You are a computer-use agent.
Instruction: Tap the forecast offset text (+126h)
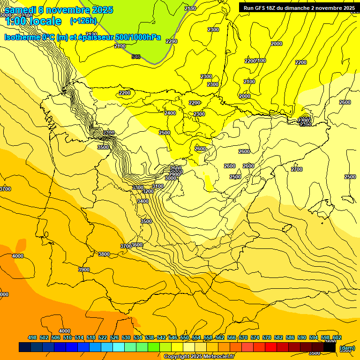(x=83, y=21)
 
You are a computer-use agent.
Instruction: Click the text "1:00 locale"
(x=33, y=21)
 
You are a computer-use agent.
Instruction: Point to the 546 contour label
(x=136, y=57)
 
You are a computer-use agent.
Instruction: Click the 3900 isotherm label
(x=84, y=270)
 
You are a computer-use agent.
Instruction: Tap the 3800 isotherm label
(x=104, y=254)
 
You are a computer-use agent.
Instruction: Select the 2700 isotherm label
(x=297, y=169)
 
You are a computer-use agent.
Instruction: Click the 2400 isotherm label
(x=170, y=113)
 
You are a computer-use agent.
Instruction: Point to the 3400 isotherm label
(x=142, y=201)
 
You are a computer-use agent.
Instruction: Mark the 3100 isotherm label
(x=158, y=186)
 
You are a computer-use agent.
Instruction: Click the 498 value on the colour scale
(x=32, y=337)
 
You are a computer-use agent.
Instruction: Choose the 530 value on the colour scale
(x=126, y=337)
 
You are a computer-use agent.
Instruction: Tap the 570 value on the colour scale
(x=243, y=337)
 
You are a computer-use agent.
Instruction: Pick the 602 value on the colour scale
(x=337, y=337)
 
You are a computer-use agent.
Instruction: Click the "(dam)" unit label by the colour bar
(x=347, y=347)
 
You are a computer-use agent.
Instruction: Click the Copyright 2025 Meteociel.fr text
(x=199, y=356)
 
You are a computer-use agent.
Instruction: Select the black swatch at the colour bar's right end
(x=330, y=347)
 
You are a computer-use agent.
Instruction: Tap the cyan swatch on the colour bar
(x=119, y=347)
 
